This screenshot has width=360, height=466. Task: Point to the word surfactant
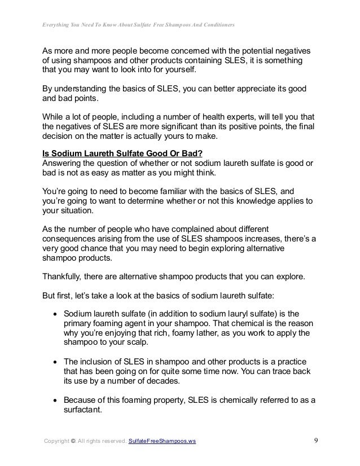84,411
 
